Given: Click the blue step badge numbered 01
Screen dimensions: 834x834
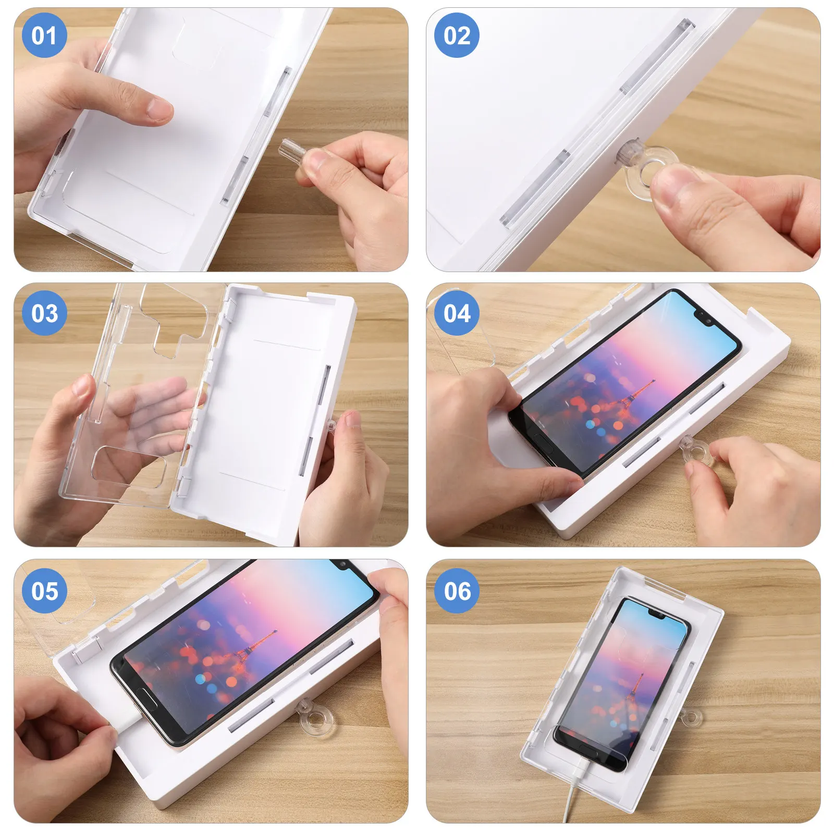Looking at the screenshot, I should [x=44, y=35].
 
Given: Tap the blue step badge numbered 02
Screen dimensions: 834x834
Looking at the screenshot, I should [x=457, y=35].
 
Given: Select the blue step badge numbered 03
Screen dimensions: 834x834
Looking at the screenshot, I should [x=44, y=313].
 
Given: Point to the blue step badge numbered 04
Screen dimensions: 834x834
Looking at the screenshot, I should [x=457, y=313].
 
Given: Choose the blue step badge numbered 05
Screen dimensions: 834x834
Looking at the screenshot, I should [x=44, y=591].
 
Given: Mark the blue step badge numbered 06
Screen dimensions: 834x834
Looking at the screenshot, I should [x=457, y=591].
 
